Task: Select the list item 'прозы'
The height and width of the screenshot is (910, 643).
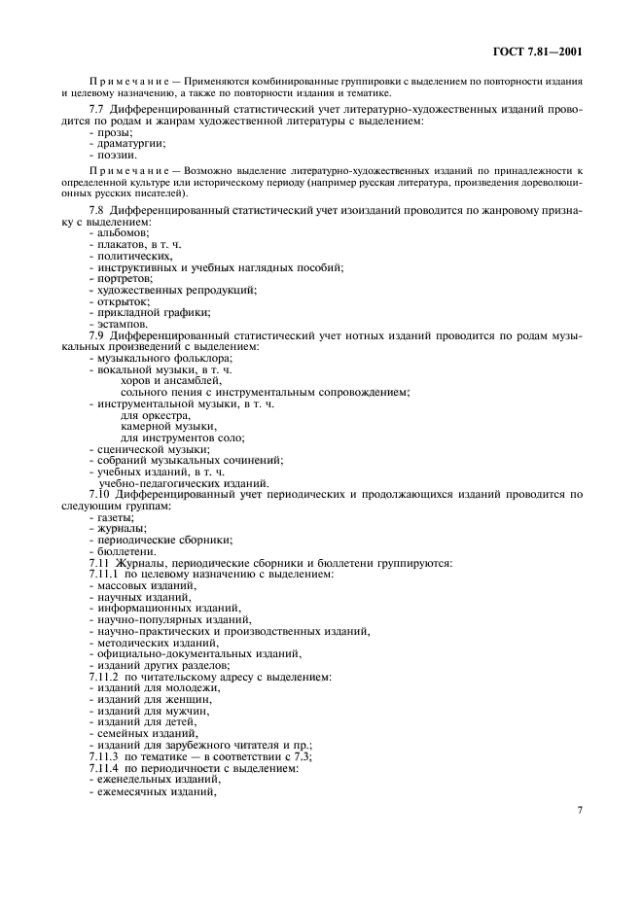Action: pyautogui.click(x=111, y=132)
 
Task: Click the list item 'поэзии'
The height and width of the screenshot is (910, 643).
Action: pyautogui.click(x=114, y=154)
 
